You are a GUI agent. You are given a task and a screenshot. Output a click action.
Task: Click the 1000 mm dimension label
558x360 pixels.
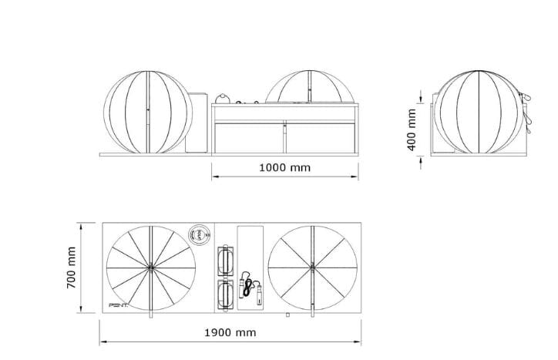[x=285, y=167]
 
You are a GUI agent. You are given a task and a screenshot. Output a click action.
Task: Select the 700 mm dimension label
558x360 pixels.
[x=72, y=267]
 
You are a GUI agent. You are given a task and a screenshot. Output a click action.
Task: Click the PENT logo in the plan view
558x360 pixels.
[x=120, y=306]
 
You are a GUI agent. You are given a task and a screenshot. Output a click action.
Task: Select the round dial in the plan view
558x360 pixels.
[x=199, y=234]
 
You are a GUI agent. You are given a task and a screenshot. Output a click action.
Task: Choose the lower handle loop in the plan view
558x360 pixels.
[x=227, y=294]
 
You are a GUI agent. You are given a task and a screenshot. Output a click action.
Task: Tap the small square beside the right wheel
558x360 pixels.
[x=287, y=315]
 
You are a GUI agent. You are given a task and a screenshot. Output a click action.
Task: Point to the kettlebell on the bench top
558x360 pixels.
[x=224, y=98]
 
